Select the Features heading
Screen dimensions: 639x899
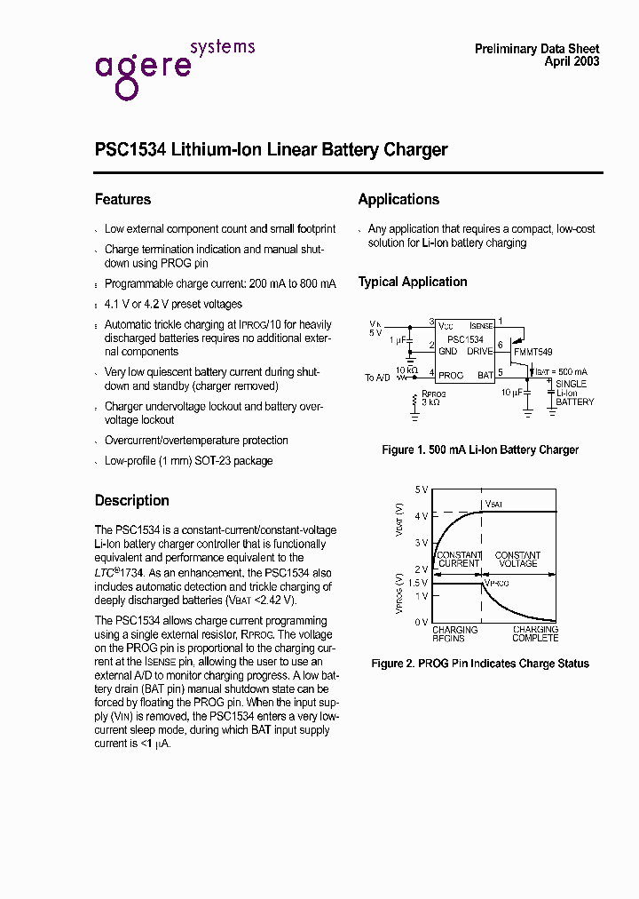coord(122,200)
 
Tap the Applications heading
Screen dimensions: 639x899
coord(398,200)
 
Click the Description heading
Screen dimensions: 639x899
coord(131,500)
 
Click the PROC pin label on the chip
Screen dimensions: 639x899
coord(451,375)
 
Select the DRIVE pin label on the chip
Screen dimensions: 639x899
coord(480,352)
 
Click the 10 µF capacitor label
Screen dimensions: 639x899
coord(510,391)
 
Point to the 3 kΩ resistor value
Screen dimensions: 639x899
coord(432,402)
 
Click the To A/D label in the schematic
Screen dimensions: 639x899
coord(377,378)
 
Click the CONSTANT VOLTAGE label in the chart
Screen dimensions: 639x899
coord(517,559)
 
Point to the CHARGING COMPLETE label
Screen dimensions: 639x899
coord(535,633)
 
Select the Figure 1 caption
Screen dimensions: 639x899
coord(480,449)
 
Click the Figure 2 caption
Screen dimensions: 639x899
coord(480,664)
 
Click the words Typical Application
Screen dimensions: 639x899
coord(413,282)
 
